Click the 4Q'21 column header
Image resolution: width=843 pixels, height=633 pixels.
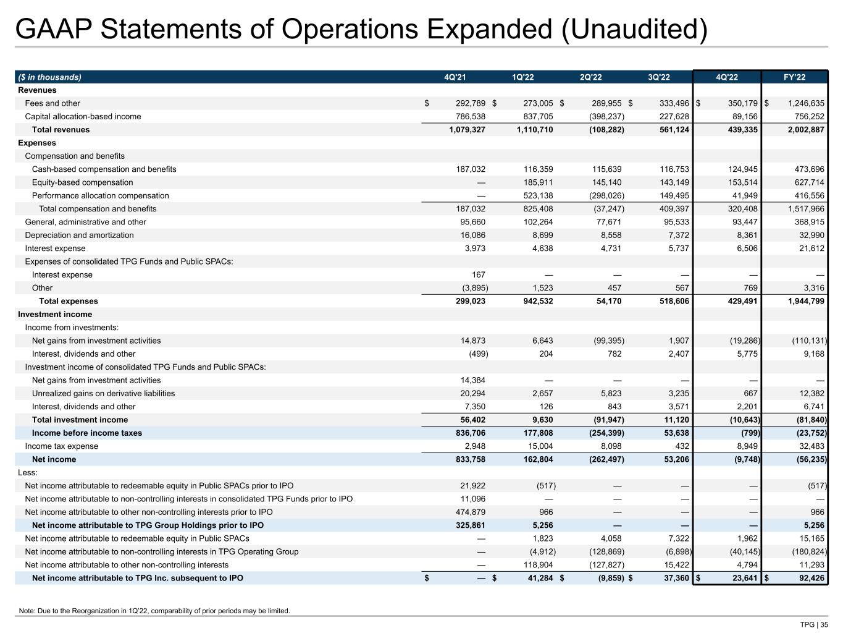coord(455,77)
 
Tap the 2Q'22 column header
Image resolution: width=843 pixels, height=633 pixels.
coord(590,77)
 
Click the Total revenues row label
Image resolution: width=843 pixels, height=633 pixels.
coord(61,130)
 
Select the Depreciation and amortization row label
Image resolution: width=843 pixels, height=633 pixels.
coord(79,236)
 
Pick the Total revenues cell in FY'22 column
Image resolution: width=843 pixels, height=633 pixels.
coord(802,130)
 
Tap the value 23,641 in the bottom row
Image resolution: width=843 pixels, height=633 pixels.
coord(742,578)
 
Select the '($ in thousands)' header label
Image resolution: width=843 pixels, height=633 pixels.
coord(49,77)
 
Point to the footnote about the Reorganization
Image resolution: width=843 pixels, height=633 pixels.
coord(154,611)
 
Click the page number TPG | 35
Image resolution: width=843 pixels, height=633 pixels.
coord(814,624)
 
